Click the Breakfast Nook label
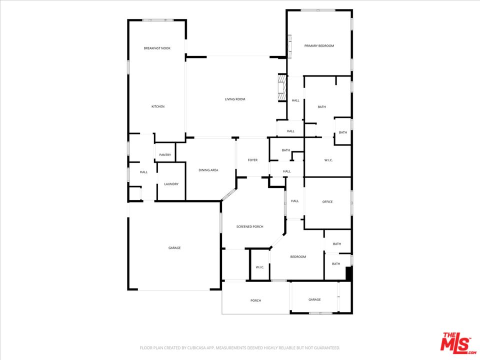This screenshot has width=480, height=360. click(157, 48)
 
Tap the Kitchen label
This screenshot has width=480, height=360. click(158, 106)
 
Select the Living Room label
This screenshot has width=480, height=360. click(235, 99)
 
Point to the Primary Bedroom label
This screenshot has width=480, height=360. click(319, 46)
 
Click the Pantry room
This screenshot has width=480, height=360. click(165, 155)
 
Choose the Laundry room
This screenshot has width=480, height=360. click(171, 184)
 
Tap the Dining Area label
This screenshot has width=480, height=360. click(208, 170)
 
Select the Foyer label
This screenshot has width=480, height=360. click(252, 160)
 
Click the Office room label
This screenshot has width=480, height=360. click(327, 201)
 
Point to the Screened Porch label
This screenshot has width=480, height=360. click(250, 226)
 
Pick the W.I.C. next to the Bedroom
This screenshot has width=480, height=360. click(260, 267)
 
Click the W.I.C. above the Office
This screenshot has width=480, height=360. click(328, 160)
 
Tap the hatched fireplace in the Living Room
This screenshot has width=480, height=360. click(281, 88)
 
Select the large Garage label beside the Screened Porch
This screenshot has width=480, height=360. click(174, 247)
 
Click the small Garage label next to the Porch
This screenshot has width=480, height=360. click(314, 299)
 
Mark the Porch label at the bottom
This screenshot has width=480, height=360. click(255, 300)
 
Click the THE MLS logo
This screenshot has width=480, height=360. click(458, 341)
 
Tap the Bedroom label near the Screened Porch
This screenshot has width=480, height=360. click(298, 256)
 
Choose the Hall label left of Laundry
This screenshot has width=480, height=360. click(143, 172)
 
